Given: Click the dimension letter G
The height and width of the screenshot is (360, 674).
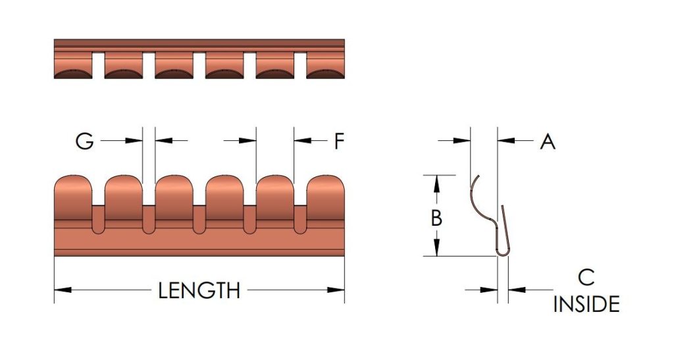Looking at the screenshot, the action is click(84, 141).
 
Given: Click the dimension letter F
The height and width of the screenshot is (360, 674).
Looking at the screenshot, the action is click(339, 141).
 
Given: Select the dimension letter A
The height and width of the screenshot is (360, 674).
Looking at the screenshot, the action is click(547, 141).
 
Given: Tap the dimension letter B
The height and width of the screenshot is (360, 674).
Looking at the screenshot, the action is click(436, 218).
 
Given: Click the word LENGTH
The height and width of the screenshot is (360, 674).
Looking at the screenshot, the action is click(199, 291).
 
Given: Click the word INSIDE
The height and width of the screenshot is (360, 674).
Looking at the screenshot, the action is click(586, 304).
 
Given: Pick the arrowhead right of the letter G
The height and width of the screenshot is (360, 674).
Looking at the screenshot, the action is click(134, 140).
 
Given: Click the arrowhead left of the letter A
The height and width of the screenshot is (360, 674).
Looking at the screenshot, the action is click(462, 140).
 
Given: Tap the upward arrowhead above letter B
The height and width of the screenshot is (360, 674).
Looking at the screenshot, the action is click(437, 184).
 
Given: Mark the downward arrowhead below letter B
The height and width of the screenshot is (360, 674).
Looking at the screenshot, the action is click(437, 247).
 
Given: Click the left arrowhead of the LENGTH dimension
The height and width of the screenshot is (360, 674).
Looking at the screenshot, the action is click(63, 290).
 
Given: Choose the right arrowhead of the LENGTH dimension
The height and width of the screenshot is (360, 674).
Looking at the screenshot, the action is click(336, 290).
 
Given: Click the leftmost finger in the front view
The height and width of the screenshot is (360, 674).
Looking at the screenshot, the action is click(73, 197).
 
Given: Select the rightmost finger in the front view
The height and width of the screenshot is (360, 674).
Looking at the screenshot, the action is click(326, 197).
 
